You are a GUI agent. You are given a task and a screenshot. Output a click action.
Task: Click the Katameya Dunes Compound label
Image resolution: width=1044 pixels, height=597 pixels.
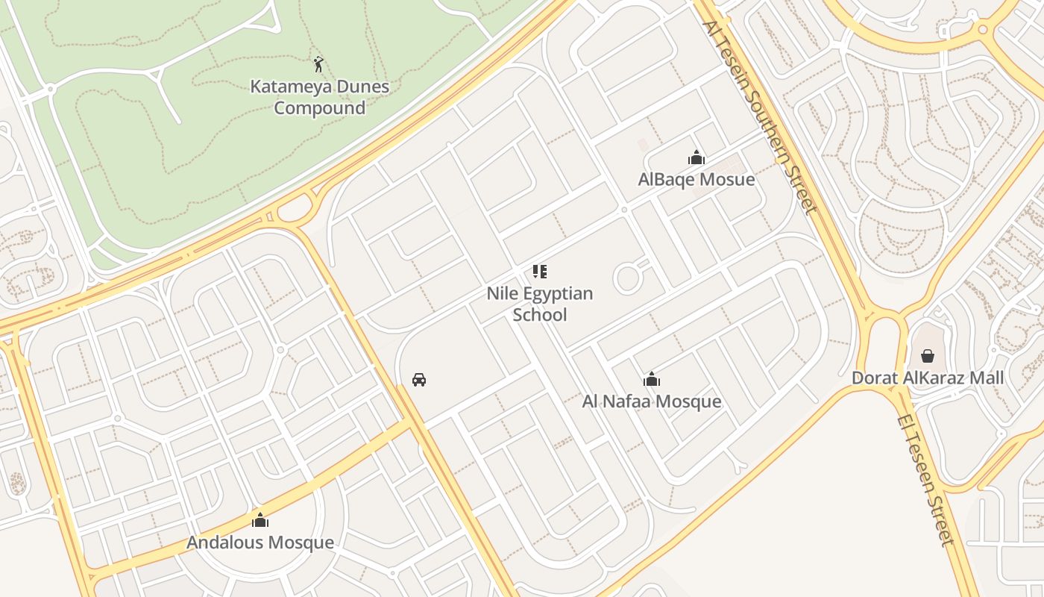click(319, 97)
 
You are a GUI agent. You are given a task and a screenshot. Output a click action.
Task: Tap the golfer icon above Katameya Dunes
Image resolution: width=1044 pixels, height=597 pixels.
click(318, 64)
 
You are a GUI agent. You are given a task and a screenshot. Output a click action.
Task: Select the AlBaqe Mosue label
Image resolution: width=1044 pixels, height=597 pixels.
click(696, 180)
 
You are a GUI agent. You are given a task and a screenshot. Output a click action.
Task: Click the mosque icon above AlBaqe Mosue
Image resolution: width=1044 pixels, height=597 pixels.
click(696, 157)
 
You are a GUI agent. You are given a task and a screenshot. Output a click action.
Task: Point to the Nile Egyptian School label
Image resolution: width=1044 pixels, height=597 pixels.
click(540, 304)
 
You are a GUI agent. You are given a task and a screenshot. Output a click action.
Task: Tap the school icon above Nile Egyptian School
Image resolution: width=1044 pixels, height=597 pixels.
click(540, 272)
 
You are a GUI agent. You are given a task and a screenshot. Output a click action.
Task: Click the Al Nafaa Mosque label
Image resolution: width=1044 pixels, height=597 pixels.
click(652, 401)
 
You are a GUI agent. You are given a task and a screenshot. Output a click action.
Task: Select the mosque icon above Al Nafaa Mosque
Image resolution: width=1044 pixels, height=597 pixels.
click(652, 379)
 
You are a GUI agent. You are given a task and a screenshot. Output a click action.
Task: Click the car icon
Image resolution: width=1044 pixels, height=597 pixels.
click(419, 380)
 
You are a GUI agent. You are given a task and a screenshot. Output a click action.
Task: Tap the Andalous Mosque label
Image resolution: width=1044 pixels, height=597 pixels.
click(260, 543)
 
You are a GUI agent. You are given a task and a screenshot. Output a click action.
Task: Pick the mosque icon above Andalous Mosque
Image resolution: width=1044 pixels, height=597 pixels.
click(260, 519)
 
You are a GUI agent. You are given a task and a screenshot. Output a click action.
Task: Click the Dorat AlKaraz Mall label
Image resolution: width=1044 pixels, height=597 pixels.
click(928, 378)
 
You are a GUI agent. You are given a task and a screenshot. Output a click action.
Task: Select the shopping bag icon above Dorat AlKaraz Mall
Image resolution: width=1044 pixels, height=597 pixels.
click(928, 356)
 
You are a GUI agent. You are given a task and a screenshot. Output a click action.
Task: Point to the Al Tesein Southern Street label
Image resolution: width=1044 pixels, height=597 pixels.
click(760, 116)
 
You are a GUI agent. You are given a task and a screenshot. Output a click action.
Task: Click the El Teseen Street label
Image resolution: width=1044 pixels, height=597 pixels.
click(925, 479)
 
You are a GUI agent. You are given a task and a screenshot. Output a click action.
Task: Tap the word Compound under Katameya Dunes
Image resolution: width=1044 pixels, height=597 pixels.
click(319, 108)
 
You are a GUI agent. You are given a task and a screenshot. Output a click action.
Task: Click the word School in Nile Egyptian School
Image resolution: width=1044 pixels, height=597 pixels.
click(540, 315)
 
